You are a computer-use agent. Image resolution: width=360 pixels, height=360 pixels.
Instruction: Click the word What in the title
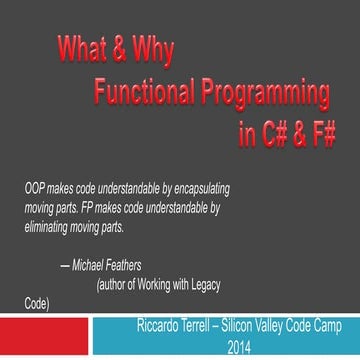point(80,47)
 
